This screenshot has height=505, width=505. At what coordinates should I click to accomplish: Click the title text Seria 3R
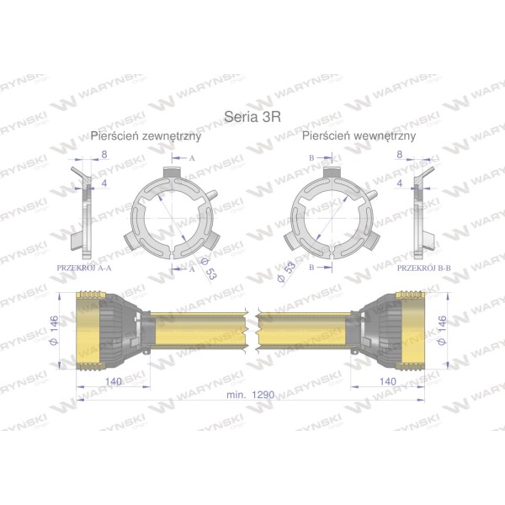coord(252,117)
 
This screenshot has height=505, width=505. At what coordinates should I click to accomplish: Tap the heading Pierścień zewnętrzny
coord(146,136)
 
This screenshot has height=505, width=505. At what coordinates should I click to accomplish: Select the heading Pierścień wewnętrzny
coord(359,136)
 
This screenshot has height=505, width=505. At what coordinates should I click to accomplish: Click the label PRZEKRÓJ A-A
coord(84,268)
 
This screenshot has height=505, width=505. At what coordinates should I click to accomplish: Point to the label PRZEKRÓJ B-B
coord(424,268)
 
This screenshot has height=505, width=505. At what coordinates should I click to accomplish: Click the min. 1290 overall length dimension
coord(251,395)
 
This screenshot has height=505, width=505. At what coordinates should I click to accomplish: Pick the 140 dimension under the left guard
coord(114,381)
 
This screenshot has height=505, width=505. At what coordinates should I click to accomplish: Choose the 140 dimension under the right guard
coord(388,381)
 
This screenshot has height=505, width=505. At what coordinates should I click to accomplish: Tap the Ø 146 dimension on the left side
coord(54,330)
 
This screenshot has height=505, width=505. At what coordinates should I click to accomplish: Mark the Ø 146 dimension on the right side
coord(443,330)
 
